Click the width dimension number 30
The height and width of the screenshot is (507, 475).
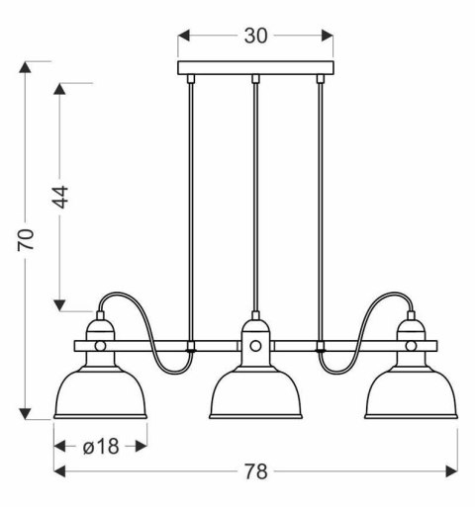(255, 36)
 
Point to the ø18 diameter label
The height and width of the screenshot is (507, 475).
(100, 446)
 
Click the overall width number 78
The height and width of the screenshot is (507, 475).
(255, 470)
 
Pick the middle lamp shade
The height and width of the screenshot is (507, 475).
(255, 390)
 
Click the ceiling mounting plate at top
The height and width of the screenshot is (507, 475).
(255, 69)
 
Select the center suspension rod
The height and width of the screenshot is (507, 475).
(255, 198)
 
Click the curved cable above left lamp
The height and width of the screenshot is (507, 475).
(148, 316)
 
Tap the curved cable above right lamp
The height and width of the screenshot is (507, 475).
(362, 316)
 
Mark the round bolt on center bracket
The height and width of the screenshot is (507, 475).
(255, 346)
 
